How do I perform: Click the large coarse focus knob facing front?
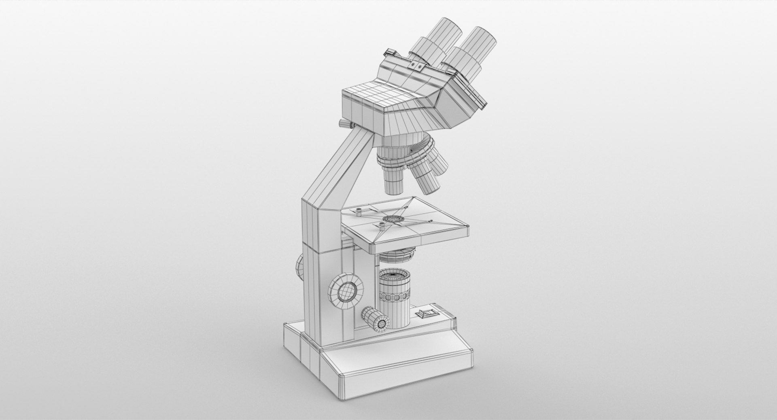click(346, 289)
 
